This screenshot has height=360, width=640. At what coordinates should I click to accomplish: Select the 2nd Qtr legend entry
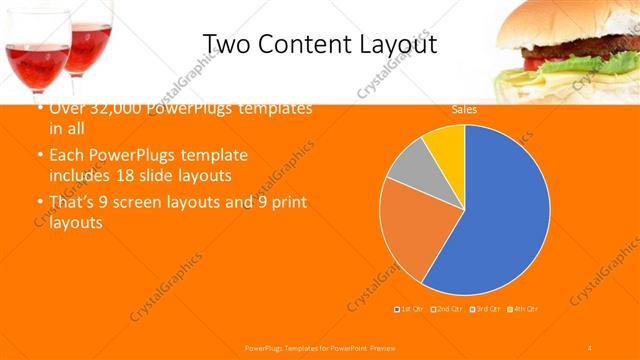449,308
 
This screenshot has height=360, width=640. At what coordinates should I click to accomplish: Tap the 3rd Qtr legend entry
487,308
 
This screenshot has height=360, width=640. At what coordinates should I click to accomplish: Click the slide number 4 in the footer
590,346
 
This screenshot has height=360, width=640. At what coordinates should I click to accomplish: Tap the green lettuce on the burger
590,66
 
